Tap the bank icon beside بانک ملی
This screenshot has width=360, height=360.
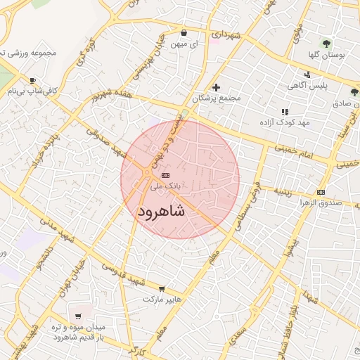(165, 175)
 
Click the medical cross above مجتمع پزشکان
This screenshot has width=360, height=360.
(216, 87)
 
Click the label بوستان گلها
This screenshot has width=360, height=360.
(325, 54)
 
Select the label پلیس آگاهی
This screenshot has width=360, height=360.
(307, 86)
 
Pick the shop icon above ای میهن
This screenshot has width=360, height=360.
(184, 32)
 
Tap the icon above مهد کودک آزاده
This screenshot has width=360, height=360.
(285, 112)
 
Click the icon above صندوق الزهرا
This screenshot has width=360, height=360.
(321, 193)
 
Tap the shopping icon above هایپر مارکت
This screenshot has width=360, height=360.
(162, 288)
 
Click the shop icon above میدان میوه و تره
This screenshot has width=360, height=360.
(77, 316)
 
